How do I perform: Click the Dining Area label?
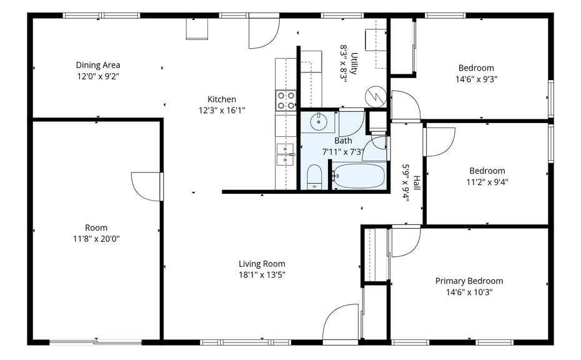98,65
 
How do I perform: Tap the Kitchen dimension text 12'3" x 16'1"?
222,111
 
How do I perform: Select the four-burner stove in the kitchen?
286,101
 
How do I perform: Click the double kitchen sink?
285,154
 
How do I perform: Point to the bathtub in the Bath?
359,176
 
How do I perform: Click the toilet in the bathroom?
315,177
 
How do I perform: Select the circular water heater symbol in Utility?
375,97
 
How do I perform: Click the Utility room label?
354,63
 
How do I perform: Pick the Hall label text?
417,183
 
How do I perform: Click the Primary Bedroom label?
469,281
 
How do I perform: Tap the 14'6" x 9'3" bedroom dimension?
476,79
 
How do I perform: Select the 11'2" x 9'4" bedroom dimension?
487,182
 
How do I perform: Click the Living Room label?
262,264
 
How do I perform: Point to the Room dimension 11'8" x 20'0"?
96,239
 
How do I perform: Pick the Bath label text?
343,141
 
